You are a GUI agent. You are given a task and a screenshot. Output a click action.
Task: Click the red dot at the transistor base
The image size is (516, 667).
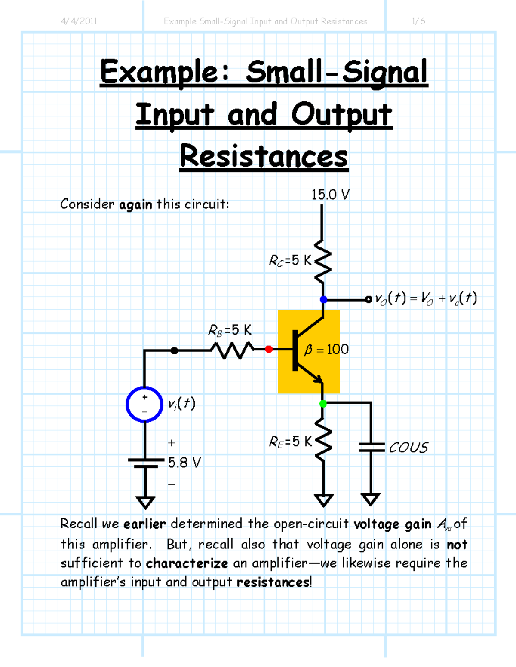tap(269, 349)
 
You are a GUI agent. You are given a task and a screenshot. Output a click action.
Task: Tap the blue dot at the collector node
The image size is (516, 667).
tap(324, 299)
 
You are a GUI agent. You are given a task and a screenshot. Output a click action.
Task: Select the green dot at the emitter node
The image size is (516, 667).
tap(323, 403)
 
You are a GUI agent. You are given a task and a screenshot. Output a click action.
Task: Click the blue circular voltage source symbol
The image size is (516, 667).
tap(144, 404)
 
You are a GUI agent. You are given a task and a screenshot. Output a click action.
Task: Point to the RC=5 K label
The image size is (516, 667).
tap(290, 260)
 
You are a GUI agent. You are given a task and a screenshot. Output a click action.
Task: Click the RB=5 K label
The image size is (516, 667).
tap(230, 330)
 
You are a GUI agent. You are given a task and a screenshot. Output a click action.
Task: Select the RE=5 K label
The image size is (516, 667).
tap(290, 442)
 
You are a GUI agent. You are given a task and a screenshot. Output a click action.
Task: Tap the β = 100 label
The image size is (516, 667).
tap(326, 349)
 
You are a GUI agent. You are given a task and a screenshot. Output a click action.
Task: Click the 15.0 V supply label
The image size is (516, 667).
tap(330, 195)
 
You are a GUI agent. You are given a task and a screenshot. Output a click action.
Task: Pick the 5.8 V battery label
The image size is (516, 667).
tap(184, 463)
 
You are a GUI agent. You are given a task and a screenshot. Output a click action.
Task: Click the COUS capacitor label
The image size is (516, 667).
tap(408, 448)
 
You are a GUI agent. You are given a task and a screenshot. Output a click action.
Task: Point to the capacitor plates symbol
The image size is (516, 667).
tap(371, 447)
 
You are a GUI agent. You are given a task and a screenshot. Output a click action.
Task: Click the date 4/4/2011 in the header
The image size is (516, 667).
tap(79, 21)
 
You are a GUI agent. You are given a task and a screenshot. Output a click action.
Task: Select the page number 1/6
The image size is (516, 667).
tap(418, 21)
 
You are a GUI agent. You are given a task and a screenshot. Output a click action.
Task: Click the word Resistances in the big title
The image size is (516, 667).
tap(264, 156)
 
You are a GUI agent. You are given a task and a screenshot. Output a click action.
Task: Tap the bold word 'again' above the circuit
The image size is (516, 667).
tap(135, 204)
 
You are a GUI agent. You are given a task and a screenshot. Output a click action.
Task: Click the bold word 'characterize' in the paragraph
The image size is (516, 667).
tap(187, 563)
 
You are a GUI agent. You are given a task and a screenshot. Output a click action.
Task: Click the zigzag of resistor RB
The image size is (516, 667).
tap(232, 350)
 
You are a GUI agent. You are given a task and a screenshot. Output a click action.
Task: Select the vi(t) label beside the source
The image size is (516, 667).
tap(181, 403)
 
